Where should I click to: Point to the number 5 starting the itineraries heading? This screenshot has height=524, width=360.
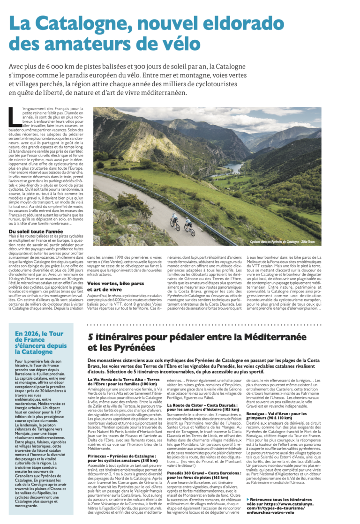[x=91, y=337]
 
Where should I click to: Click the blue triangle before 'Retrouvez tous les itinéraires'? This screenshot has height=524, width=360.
[x=247, y=500]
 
